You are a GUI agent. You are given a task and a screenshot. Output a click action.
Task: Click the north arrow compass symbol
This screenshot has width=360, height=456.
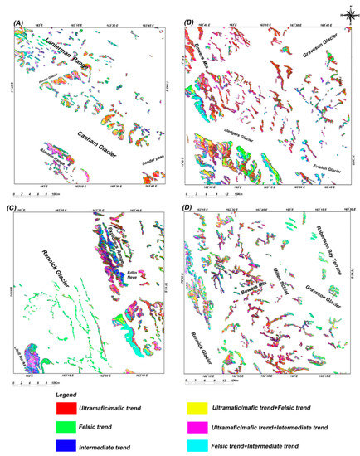click(x=348, y=12)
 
